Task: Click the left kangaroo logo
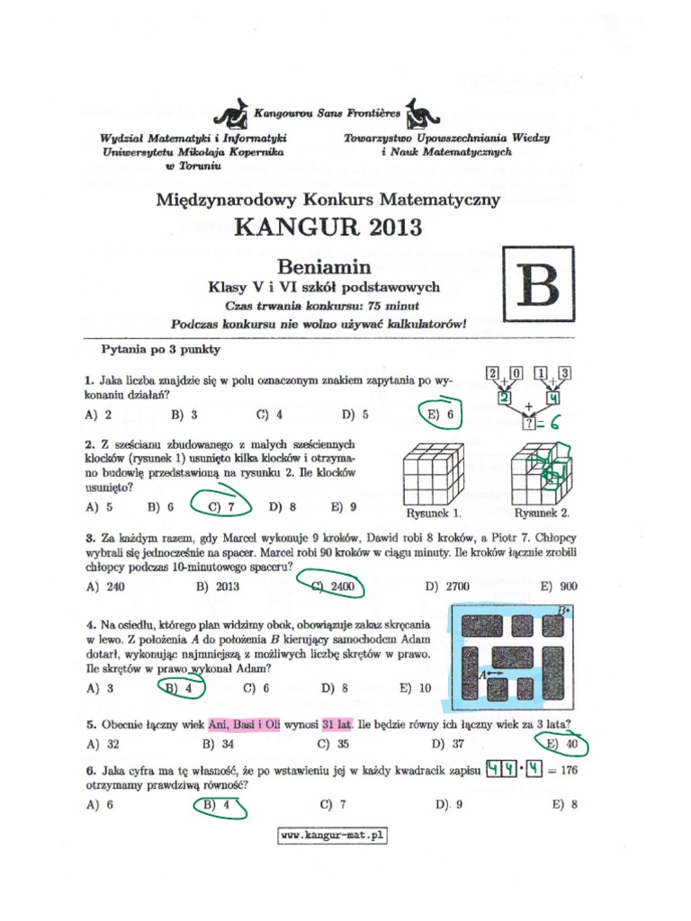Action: (x=231, y=115)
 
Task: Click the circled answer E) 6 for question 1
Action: (x=440, y=416)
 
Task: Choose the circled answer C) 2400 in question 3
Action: (x=332, y=586)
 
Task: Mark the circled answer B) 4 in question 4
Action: (x=181, y=688)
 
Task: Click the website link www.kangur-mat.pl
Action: (x=332, y=836)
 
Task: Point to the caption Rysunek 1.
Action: (x=434, y=514)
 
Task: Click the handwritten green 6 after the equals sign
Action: (x=555, y=424)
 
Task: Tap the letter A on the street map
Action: (x=482, y=673)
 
